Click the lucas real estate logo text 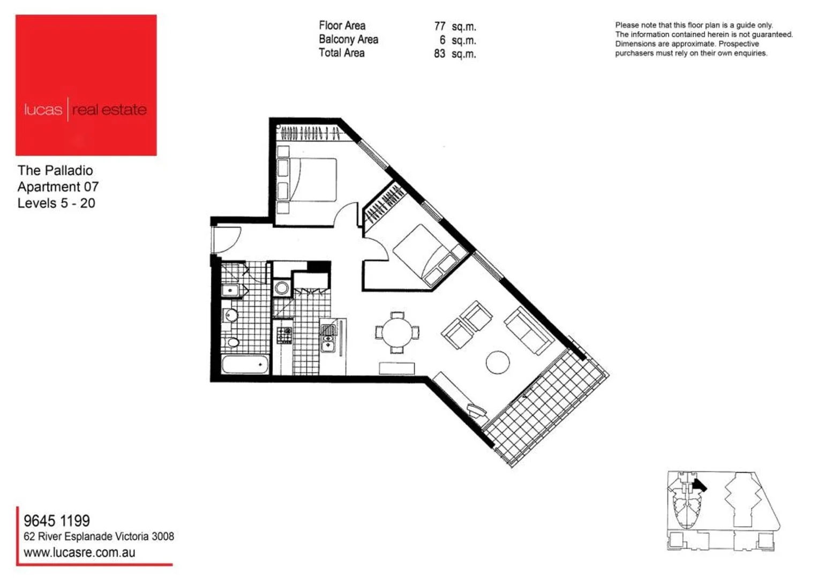(85, 110)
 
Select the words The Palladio (55, 171)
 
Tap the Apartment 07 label (58, 187)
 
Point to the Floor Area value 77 (440, 26)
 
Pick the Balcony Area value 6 (442, 40)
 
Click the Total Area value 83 (440, 54)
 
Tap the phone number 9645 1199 (57, 521)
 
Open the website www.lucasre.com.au (79, 553)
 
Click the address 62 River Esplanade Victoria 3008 (99, 536)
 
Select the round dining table (397, 332)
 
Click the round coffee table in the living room (498, 362)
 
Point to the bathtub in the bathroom (245, 365)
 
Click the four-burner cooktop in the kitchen (284, 336)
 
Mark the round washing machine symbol (282, 288)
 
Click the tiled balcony (546, 407)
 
